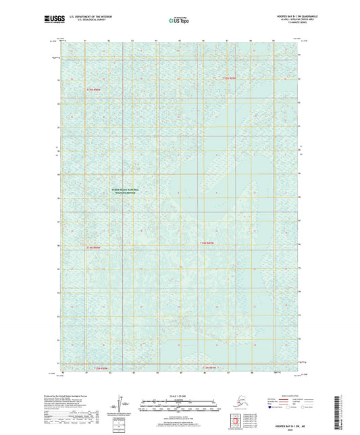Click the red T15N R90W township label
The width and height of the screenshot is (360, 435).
[93, 88]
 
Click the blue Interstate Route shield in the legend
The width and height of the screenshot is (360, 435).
[272, 408]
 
